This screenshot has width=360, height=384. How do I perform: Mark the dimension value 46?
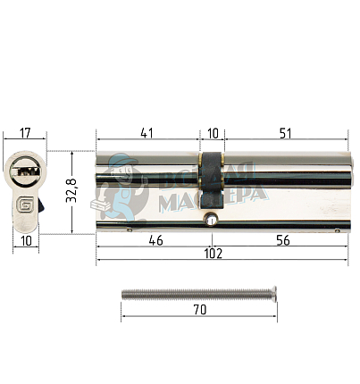pos(155,241)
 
